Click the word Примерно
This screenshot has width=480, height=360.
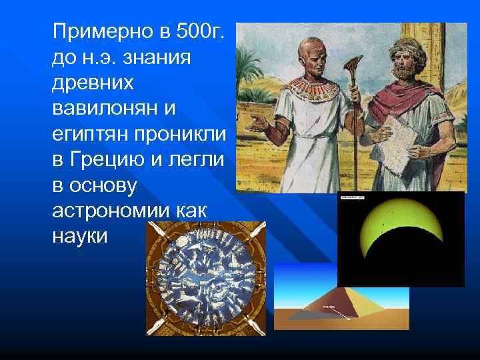pos(97,31)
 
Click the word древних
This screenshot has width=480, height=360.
pos(93,84)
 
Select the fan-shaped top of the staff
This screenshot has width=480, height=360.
pos(351,66)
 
